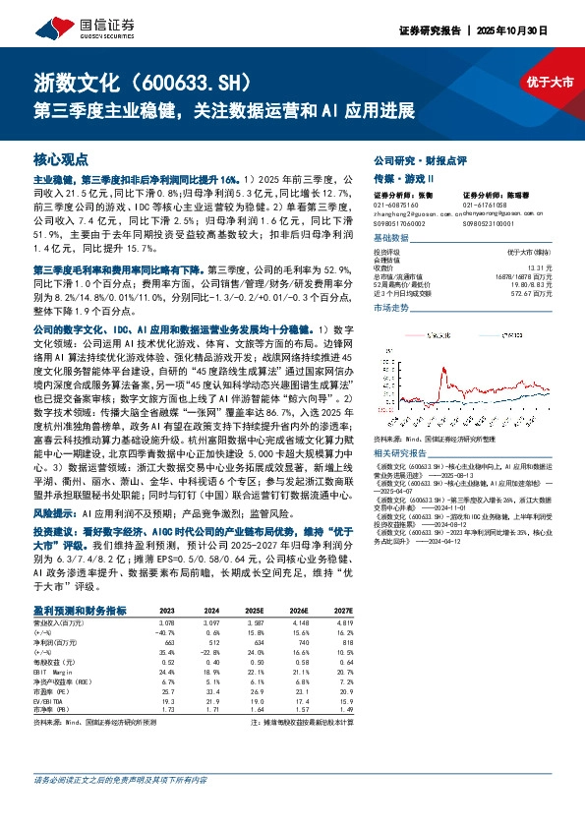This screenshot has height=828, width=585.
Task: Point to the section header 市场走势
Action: point(390,335)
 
